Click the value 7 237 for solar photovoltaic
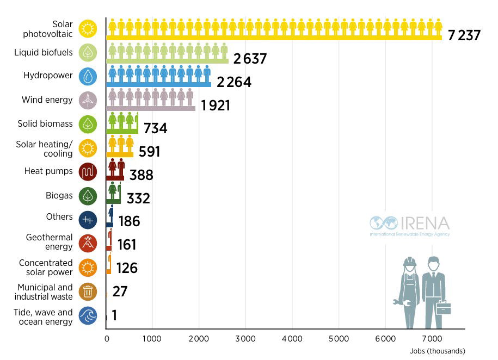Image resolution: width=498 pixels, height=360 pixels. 464,36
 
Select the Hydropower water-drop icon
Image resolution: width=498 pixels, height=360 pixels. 88,77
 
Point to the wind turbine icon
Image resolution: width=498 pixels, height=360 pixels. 88,100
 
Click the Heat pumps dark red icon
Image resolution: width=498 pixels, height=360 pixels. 88,172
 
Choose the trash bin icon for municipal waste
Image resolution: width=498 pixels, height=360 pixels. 88,292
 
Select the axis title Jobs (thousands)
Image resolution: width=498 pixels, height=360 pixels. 438,351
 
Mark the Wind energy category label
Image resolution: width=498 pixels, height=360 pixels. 47,100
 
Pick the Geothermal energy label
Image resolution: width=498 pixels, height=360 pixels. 49,242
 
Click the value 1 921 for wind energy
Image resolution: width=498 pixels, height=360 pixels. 216,105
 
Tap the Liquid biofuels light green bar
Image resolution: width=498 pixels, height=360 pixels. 167,61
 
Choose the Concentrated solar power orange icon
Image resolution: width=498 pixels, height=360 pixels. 88,267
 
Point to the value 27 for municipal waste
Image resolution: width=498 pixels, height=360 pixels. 120,291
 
